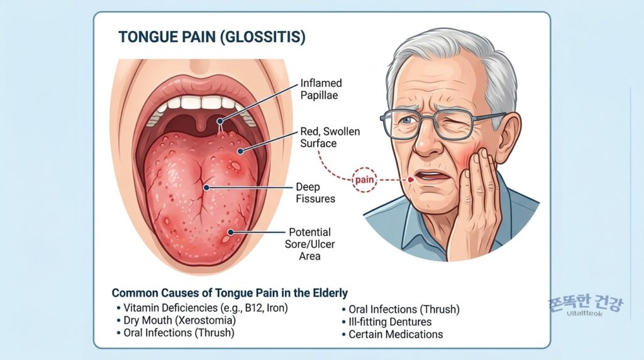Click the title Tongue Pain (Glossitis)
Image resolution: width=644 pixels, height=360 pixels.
coord(212,37)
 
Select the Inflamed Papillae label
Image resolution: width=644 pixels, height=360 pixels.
coord(321,89)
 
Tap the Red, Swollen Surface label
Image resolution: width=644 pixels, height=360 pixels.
coord(330,137)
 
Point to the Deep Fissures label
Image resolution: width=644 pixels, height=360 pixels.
coord(315,193)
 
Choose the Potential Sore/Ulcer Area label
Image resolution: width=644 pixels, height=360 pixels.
coord(309,244)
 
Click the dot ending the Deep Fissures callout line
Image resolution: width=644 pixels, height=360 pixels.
coord(206,188)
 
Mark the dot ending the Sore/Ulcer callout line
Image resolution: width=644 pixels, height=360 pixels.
coord(231,232)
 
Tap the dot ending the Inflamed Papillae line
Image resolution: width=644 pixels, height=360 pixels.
coord(220,121)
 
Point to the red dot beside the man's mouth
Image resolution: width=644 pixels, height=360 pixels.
coord(411,179)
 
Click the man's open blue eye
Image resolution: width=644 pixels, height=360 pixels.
coord(407,120)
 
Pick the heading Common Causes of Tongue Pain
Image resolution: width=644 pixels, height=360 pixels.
coord(230,293)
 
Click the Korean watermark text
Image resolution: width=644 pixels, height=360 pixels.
coord(586,303)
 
